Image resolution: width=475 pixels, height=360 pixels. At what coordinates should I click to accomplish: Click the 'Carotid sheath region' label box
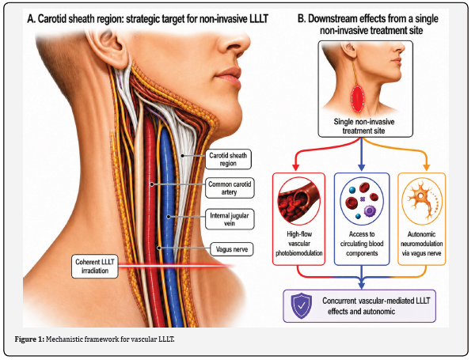[228, 159]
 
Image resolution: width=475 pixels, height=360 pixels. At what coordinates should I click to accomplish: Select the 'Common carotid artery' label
[230, 188]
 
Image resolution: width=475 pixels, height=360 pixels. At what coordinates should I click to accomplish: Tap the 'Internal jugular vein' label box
[230, 219]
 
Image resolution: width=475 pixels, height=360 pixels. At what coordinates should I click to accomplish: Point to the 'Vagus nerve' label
[232, 249]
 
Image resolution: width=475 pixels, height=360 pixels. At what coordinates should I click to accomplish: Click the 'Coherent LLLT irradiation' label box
[94, 266]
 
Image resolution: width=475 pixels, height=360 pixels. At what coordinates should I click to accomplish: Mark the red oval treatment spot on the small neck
[358, 99]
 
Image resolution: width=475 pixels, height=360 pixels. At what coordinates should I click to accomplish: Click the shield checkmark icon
[301, 305]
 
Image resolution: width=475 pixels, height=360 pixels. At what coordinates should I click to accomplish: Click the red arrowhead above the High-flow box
[295, 167]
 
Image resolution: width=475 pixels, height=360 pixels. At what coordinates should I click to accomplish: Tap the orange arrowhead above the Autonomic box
[426, 167]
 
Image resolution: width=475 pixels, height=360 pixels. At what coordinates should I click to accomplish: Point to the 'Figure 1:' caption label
[30, 339]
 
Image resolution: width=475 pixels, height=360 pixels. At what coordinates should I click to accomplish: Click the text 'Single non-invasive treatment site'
[364, 127]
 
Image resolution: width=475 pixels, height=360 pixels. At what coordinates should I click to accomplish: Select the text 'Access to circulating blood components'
[362, 244]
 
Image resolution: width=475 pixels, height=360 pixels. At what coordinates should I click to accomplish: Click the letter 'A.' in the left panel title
[31, 19]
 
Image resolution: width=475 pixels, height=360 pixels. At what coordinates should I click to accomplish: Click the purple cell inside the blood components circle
[370, 210]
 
